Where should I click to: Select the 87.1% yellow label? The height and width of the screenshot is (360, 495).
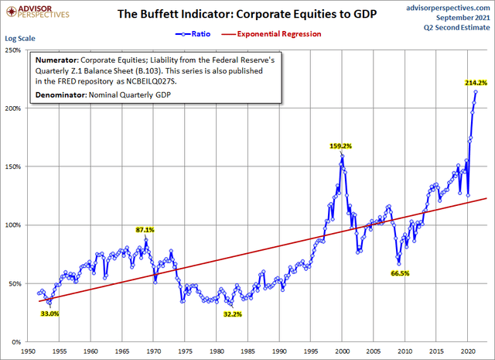pyautogui.click(x=145, y=230)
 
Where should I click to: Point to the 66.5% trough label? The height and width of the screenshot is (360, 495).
pyautogui.click(x=400, y=273)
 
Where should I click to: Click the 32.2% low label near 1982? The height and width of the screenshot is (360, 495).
pyautogui.click(x=232, y=314)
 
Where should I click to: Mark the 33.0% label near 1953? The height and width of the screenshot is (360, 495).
pyautogui.click(x=49, y=314)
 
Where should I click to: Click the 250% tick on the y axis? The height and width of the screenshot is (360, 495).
pyautogui.click(x=13, y=50)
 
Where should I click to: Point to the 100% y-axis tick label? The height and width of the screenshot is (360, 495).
pyautogui.click(x=13, y=225)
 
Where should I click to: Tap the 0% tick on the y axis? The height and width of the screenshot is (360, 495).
pyautogui.click(x=17, y=342)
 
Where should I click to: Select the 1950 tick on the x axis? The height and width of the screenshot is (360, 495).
pyautogui.click(x=27, y=350)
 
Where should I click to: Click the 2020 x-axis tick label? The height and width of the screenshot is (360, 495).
pyautogui.click(x=469, y=350)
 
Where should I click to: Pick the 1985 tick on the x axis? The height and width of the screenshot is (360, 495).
pyautogui.click(x=248, y=350)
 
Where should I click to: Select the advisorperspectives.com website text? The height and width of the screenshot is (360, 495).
pyautogui.click(x=447, y=6)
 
